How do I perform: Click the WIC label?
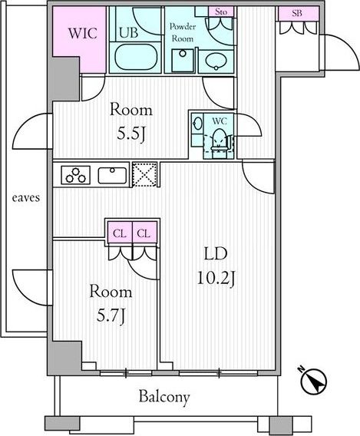[x=83, y=33]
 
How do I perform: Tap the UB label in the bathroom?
[x=128, y=32]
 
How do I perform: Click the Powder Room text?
[x=183, y=32]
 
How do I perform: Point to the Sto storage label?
[x=221, y=12]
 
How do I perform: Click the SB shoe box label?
[x=297, y=13]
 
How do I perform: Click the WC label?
[x=220, y=121]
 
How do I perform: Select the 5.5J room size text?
[x=131, y=135]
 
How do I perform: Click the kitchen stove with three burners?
[x=76, y=175]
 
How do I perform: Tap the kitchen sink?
[x=112, y=176]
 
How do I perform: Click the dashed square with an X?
[x=144, y=174]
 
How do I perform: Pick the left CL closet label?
[x=120, y=233]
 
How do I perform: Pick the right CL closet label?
[x=144, y=233]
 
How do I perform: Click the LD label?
[x=216, y=254]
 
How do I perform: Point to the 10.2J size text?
[x=216, y=278]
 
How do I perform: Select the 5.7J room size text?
[x=111, y=315]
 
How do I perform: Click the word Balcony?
[x=164, y=397]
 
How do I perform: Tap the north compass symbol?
[x=313, y=381]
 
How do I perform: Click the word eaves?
[x=26, y=198]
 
